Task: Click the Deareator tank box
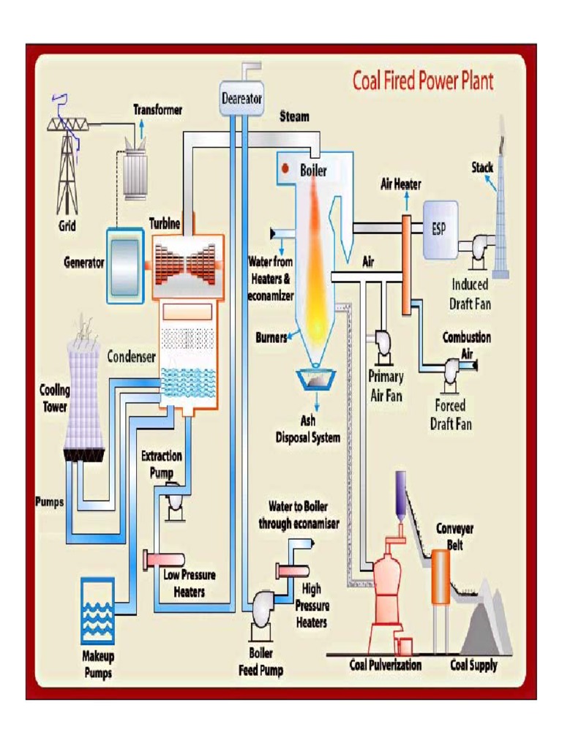point(241,98)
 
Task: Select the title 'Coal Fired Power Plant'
point(423,80)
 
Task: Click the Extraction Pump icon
point(176,501)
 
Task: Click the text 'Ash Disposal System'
point(308,431)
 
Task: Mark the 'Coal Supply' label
point(473,665)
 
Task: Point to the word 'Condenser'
point(132,357)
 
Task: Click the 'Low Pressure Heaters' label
point(189,583)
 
